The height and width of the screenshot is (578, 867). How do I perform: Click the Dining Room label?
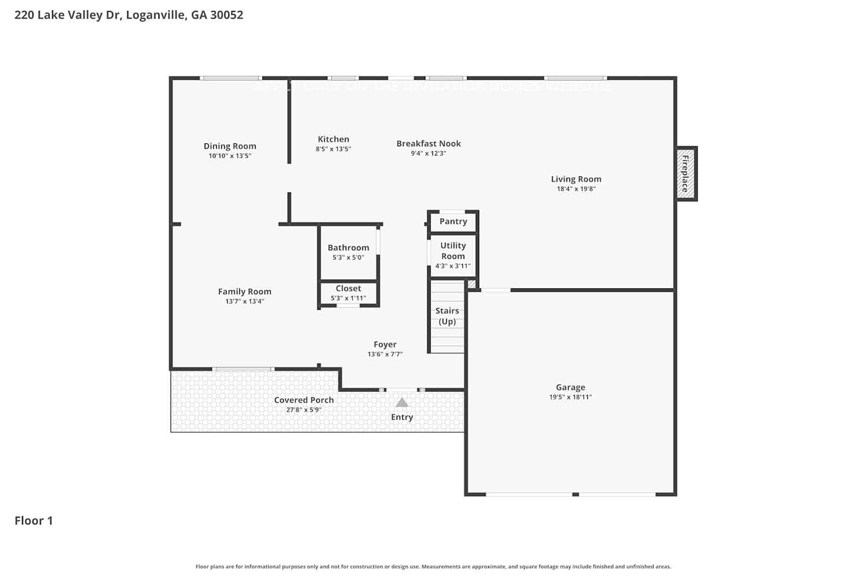point(229,146)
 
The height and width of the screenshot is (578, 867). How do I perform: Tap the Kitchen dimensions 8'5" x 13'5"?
point(333,149)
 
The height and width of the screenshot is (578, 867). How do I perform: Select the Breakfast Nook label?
point(428,143)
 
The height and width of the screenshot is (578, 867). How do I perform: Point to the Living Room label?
point(576,179)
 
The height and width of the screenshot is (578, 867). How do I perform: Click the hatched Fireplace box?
point(686,173)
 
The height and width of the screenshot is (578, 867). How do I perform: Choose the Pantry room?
point(453,221)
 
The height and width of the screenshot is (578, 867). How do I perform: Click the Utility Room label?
point(453,251)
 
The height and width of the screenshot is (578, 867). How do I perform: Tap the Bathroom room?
point(348,252)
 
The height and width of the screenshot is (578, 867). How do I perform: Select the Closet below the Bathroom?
point(349,292)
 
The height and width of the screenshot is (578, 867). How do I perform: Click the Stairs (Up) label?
point(447,316)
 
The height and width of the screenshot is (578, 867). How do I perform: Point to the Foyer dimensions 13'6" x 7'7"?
point(385,354)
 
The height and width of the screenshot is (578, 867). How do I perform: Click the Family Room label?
point(244,292)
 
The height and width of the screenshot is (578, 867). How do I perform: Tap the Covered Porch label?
point(303,400)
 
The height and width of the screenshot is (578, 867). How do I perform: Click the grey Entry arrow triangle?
point(402,402)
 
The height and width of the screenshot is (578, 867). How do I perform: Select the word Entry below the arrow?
point(402,417)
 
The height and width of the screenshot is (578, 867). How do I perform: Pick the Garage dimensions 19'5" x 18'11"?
point(570,397)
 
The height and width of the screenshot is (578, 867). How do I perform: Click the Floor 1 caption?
point(34,521)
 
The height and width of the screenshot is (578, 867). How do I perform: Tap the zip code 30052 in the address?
point(227,15)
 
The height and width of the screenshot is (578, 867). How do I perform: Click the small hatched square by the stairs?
point(472,284)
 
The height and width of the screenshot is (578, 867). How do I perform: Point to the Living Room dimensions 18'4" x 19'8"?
point(576,189)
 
